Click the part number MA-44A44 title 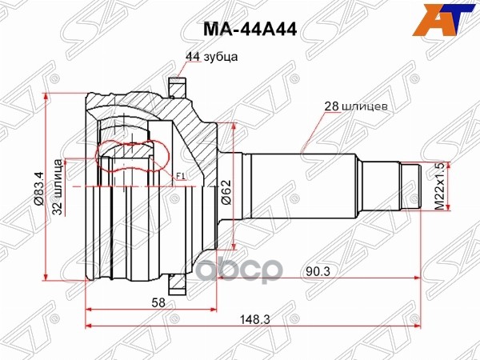(239, 30)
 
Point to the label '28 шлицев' (357, 105)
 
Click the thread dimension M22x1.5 (438, 185)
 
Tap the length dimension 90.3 (316, 270)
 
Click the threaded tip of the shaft (410, 185)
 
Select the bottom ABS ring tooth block (177, 282)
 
